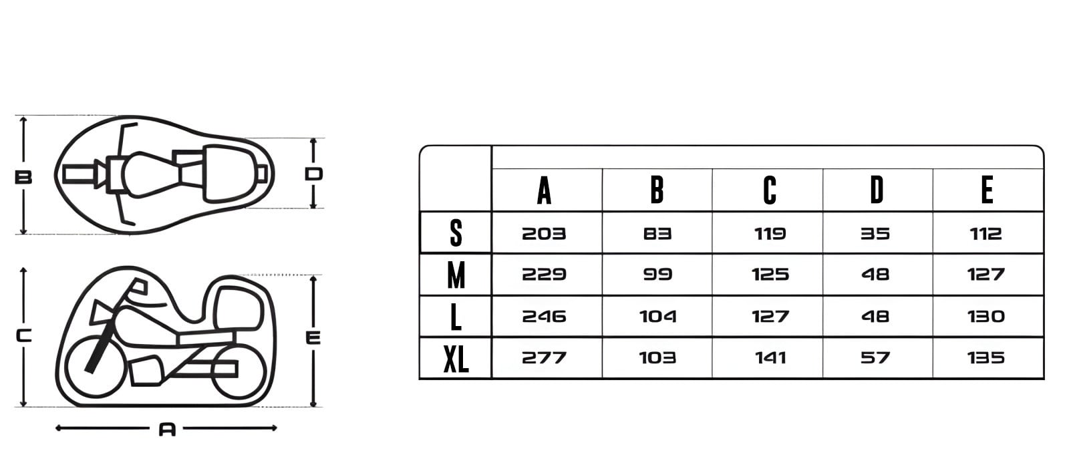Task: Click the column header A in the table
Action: [x=544, y=190]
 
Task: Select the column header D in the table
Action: [x=877, y=190]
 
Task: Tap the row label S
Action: [x=456, y=233]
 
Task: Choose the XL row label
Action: [x=456, y=359]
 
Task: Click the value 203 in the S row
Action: [x=544, y=234]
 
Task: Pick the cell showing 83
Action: [x=657, y=234]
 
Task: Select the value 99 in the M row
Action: [x=657, y=275]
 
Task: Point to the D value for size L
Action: [x=875, y=316]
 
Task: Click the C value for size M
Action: [x=770, y=275]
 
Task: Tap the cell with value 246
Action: [x=544, y=316]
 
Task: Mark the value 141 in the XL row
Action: [x=770, y=358]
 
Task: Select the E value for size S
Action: [x=985, y=234]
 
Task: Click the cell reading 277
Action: [x=544, y=358]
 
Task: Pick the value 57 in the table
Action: [x=875, y=358]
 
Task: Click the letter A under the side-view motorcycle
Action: [x=167, y=430]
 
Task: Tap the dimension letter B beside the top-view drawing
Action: [x=23, y=178]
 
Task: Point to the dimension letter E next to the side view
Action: [x=313, y=338]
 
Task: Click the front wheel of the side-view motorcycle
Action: [x=96, y=366]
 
